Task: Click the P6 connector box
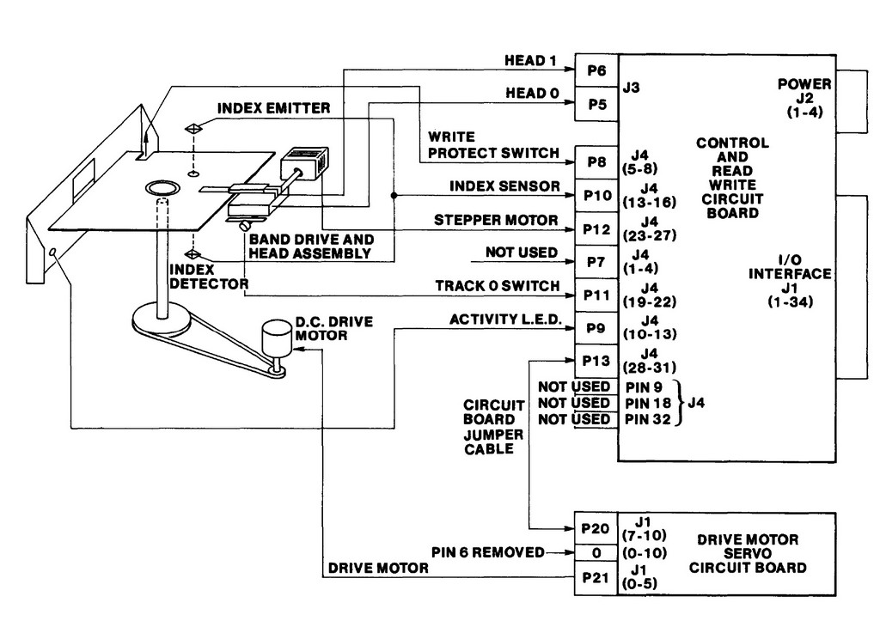[596, 70]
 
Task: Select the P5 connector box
[596, 104]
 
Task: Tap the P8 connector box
[596, 162]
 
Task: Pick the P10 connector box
[596, 196]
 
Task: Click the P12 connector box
[596, 228]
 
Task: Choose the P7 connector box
[596, 262]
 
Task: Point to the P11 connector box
[596, 295]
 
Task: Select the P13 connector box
[596, 361]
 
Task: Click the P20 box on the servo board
[596, 528]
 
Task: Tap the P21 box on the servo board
[596, 578]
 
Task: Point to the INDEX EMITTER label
[274, 107]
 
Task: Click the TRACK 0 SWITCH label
[498, 286]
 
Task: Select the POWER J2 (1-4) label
[804, 98]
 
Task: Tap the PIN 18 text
[648, 403]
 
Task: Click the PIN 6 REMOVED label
[488, 552]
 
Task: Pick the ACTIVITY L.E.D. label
[505, 320]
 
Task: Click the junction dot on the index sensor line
[394, 196]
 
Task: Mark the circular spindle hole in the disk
[162, 188]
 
